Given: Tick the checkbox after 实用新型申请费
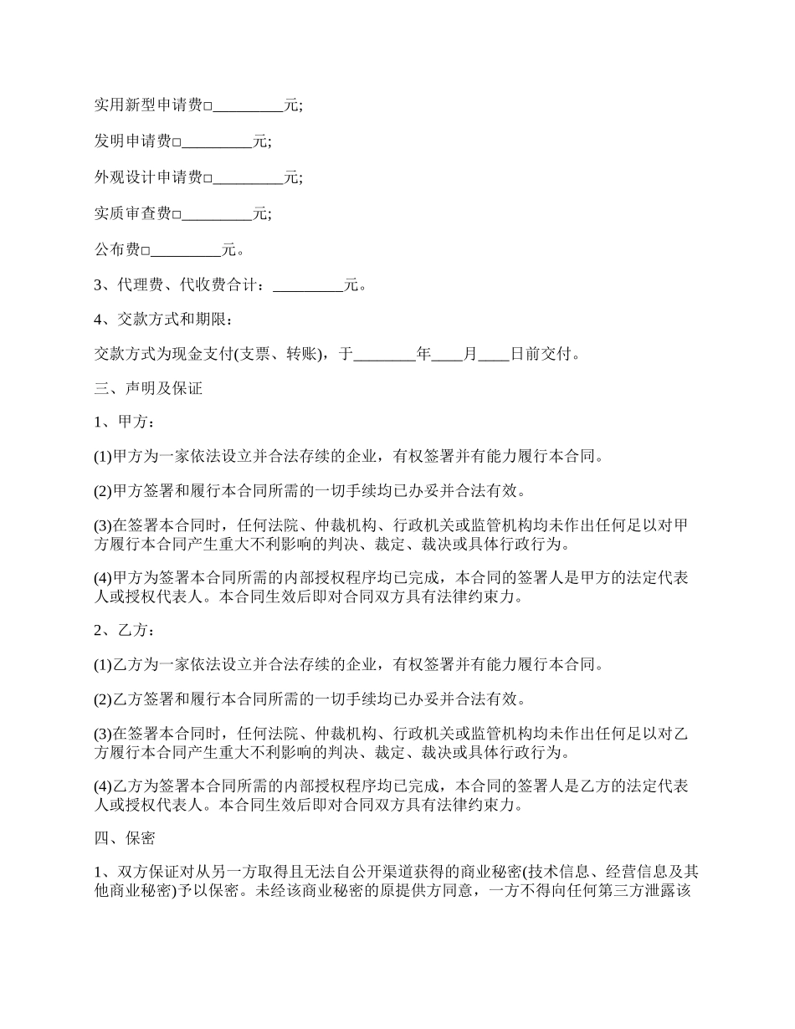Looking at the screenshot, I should (208, 107).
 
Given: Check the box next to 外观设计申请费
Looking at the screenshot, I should (208, 178).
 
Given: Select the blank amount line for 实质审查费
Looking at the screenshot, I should (218, 214).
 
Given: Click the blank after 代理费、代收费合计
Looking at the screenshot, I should (308, 286).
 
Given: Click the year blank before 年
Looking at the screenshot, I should (384, 355).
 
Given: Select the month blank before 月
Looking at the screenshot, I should (447, 355).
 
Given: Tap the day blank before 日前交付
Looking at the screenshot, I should (494, 355).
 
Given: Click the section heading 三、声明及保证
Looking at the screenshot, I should (147, 389).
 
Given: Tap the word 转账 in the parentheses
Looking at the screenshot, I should (300, 355).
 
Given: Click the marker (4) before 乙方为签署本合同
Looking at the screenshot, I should (102, 786).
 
